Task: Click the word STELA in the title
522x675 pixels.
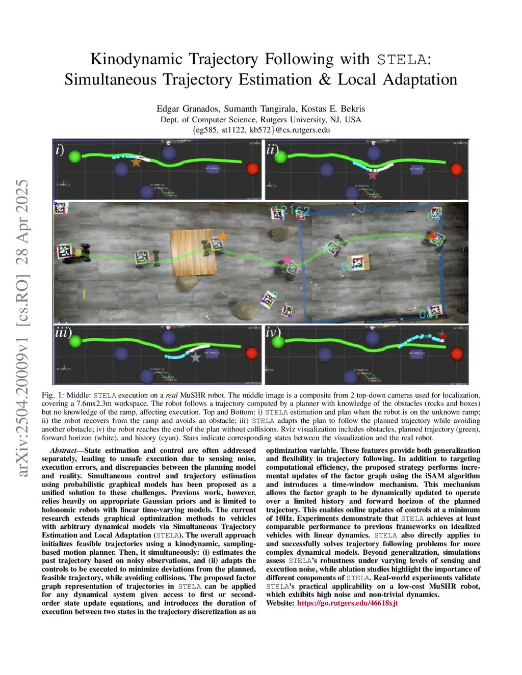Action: [402, 59]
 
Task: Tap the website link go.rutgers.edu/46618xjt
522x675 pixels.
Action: [347, 603]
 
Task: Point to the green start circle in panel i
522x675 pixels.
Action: [74, 156]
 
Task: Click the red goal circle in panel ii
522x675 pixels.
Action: [456, 169]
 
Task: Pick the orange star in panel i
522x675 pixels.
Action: [136, 162]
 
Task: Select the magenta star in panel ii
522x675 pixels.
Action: [373, 175]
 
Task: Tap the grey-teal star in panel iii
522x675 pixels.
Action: [195, 357]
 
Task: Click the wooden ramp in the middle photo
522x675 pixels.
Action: [194, 252]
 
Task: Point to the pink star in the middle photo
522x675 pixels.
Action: [287, 260]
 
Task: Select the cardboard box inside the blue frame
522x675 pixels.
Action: [358, 262]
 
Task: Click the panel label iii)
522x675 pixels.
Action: [63, 333]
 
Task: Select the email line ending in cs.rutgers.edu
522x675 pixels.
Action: [261, 130]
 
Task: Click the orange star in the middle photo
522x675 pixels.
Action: [223, 236]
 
